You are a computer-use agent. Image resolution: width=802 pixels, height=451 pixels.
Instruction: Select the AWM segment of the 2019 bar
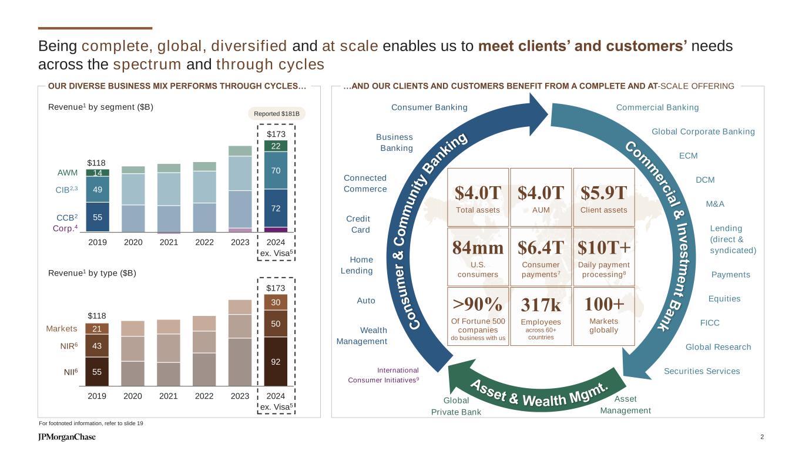[x=97, y=173]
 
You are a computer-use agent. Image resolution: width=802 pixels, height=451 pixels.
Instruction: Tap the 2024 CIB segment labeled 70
[x=276, y=171]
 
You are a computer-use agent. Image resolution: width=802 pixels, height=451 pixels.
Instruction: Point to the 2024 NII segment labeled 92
[x=276, y=362]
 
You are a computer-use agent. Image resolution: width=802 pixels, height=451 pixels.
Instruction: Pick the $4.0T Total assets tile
[x=478, y=197]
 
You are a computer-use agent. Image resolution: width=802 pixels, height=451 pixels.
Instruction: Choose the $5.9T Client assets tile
[x=603, y=197]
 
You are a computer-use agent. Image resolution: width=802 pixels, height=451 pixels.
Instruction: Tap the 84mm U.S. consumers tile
[x=478, y=257]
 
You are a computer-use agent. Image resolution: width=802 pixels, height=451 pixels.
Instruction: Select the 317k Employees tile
[x=541, y=316]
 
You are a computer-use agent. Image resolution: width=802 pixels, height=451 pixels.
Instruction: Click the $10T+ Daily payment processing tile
[x=603, y=257]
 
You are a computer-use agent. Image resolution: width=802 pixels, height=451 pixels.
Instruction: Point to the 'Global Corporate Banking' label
[x=703, y=132]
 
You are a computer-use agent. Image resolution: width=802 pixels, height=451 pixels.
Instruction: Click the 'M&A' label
[x=714, y=204]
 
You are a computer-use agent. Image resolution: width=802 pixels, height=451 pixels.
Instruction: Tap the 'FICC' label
[x=710, y=323]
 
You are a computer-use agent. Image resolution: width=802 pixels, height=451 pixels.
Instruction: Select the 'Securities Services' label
[x=702, y=371]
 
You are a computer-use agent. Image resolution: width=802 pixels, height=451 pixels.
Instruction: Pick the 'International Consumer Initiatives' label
[x=384, y=375]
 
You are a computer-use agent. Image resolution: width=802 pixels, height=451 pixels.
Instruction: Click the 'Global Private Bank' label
[x=456, y=406]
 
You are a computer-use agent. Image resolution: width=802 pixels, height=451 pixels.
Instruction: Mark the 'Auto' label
[x=365, y=301]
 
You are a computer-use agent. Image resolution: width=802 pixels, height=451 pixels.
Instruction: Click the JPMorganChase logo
[x=66, y=437]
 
